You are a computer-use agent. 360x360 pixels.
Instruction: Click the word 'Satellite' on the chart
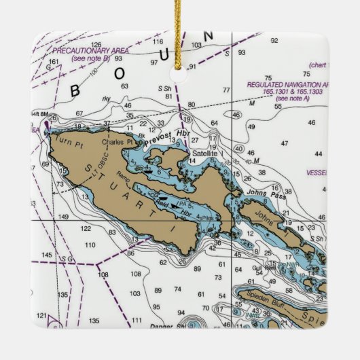(x=204, y=154)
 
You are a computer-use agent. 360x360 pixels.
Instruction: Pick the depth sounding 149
(x=63, y=217)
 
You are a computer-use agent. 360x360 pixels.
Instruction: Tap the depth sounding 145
(x=47, y=255)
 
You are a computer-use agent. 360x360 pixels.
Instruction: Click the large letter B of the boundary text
(x=76, y=90)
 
